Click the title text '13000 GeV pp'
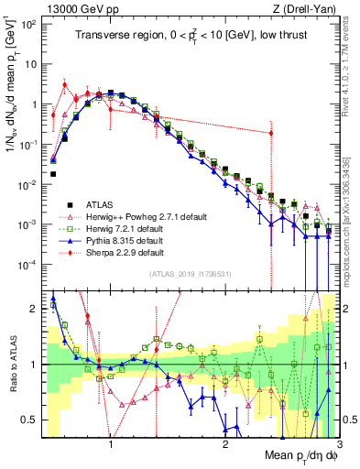click(x=66, y=7)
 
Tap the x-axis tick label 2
click(x=224, y=444)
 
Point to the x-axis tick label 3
click(x=338, y=444)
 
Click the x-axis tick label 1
click(x=111, y=444)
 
